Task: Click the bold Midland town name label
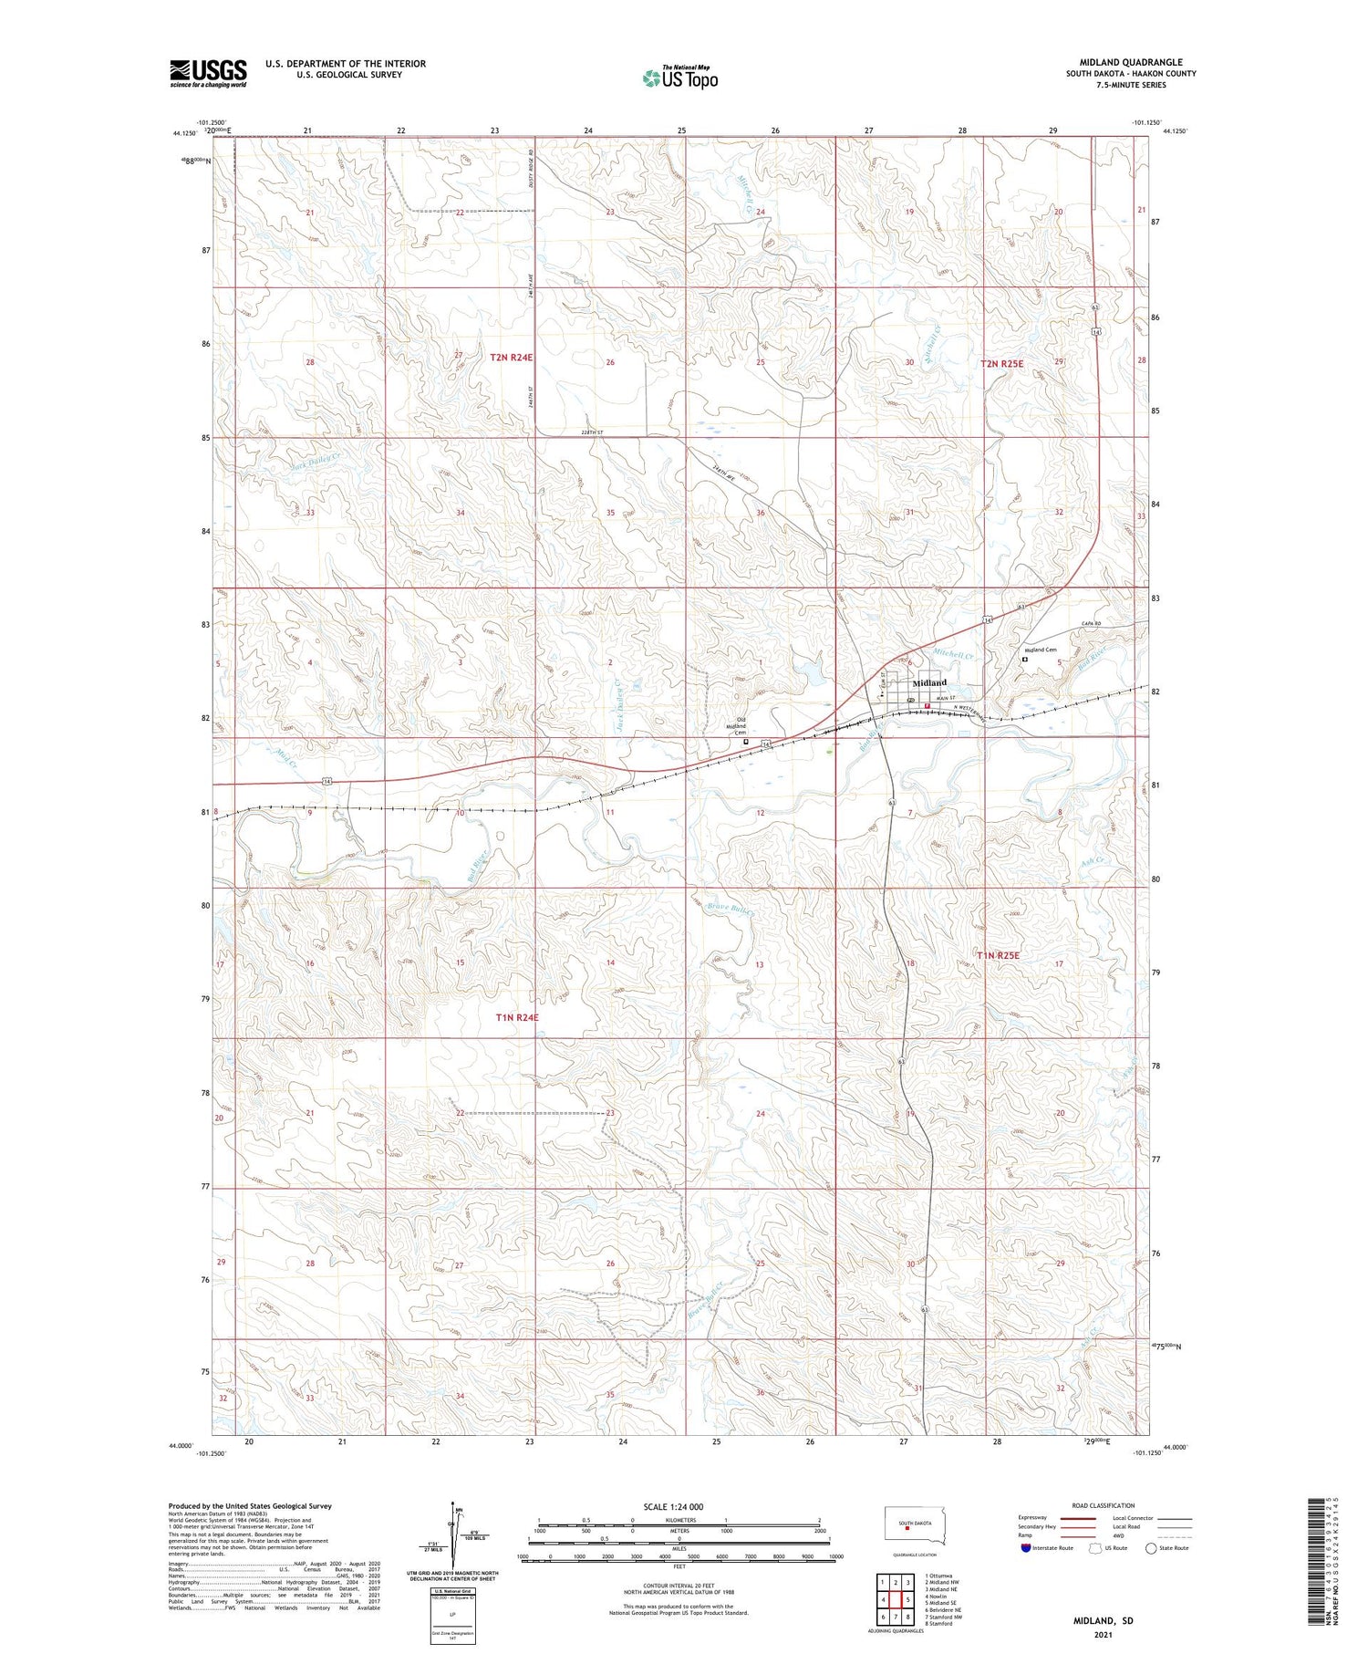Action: tap(929, 682)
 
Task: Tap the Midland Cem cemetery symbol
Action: tap(1024, 658)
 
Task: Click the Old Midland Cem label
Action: tap(741, 729)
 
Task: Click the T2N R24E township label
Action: tap(511, 358)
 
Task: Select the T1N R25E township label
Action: tap(998, 955)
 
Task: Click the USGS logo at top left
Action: tap(208, 73)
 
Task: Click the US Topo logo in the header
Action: tap(679, 78)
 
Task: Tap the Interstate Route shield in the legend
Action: tap(1026, 1547)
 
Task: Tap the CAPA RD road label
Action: tap(1092, 623)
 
